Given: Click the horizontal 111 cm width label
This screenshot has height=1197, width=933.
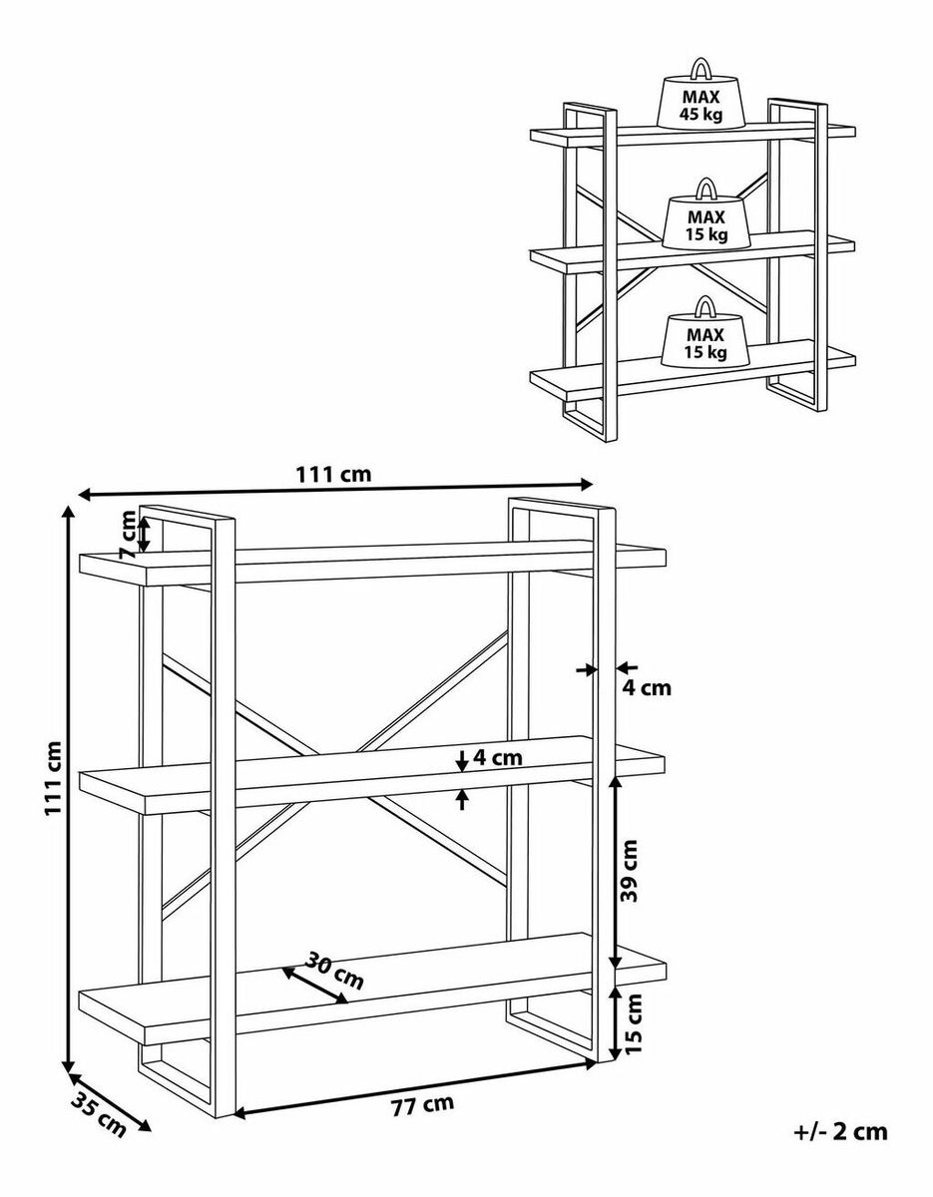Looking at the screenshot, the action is click(x=334, y=474).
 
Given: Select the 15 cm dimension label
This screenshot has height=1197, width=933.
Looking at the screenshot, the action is click(x=634, y=1023).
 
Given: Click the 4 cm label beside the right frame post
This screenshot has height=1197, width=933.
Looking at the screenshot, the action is click(x=647, y=688).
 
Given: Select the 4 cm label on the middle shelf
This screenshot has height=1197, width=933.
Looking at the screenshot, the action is click(x=498, y=758).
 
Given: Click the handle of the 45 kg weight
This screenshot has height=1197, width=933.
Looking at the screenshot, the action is click(x=700, y=68).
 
